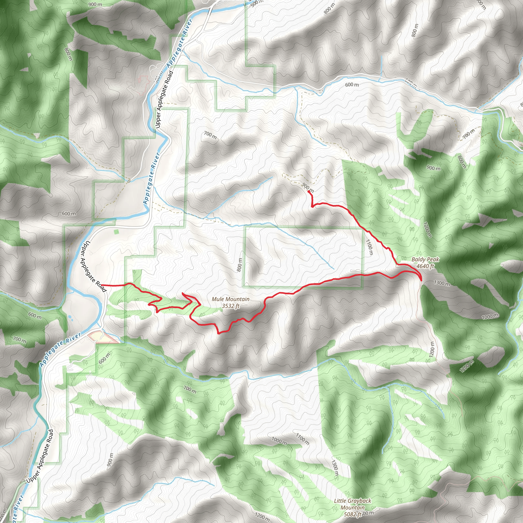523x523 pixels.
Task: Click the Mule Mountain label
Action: [230, 299]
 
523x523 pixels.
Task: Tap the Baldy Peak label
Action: [425, 259]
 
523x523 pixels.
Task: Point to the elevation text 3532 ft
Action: [230, 306]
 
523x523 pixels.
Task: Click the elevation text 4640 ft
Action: [425, 266]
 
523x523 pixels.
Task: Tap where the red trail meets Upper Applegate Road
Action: [102, 285]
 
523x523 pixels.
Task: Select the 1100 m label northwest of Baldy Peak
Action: [369, 247]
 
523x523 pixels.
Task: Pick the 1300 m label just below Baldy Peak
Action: [442, 283]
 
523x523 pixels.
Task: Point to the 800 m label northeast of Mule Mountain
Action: [240, 265]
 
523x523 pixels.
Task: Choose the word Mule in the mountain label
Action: [217, 299]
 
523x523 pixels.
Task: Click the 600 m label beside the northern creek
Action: [352, 85]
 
